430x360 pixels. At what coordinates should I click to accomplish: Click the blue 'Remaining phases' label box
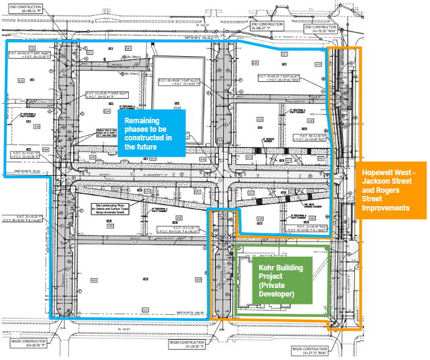coord(151,130)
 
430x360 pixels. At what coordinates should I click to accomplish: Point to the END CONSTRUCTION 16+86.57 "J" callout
coord(268,26)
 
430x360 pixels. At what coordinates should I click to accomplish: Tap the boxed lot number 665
coord(93,280)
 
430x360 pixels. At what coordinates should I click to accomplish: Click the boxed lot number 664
coord(198,280)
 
